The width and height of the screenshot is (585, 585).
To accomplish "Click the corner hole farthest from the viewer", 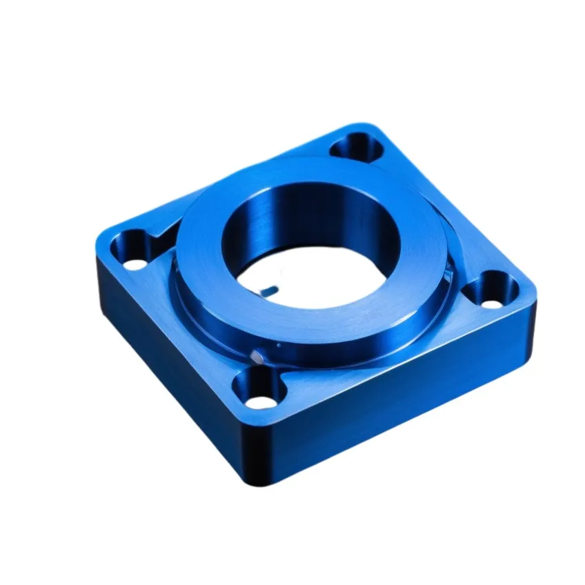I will [x=356, y=146].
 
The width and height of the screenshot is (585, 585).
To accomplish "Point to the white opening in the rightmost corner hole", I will [x=492, y=302].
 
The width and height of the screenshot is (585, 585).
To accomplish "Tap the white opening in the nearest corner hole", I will [x=260, y=400].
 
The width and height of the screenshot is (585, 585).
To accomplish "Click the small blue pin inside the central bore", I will [x=270, y=290].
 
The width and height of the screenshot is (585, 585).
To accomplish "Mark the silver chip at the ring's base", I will [x=258, y=356].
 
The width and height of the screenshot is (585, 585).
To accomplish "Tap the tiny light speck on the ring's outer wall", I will [x=278, y=343].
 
